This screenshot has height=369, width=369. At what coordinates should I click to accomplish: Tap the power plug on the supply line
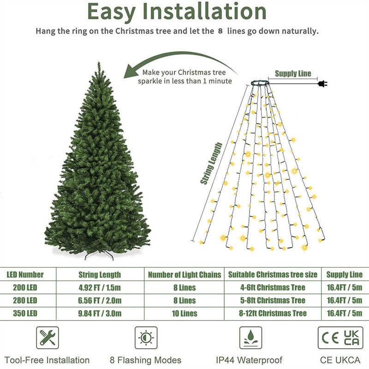[x=321, y=83]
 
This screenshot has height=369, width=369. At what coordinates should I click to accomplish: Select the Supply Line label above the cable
[x=293, y=73]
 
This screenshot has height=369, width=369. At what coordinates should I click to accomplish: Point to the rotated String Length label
[x=211, y=164]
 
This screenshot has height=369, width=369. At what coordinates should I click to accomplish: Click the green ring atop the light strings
[x=261, y=83]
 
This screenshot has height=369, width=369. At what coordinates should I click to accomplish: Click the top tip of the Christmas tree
[x=99, y=65]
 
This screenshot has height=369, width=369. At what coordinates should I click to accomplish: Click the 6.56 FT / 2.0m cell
[x=100, y=300]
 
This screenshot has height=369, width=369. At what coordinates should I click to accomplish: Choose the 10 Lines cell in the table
[x=184, y=313]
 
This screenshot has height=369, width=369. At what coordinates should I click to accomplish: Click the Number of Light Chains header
[x=184, y=274]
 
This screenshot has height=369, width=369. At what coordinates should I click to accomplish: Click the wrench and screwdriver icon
[x=48, y=338]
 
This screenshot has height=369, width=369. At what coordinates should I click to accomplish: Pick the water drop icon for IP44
[x=250, y=338]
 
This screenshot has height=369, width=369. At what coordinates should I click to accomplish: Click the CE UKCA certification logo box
[x=340, y=338]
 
